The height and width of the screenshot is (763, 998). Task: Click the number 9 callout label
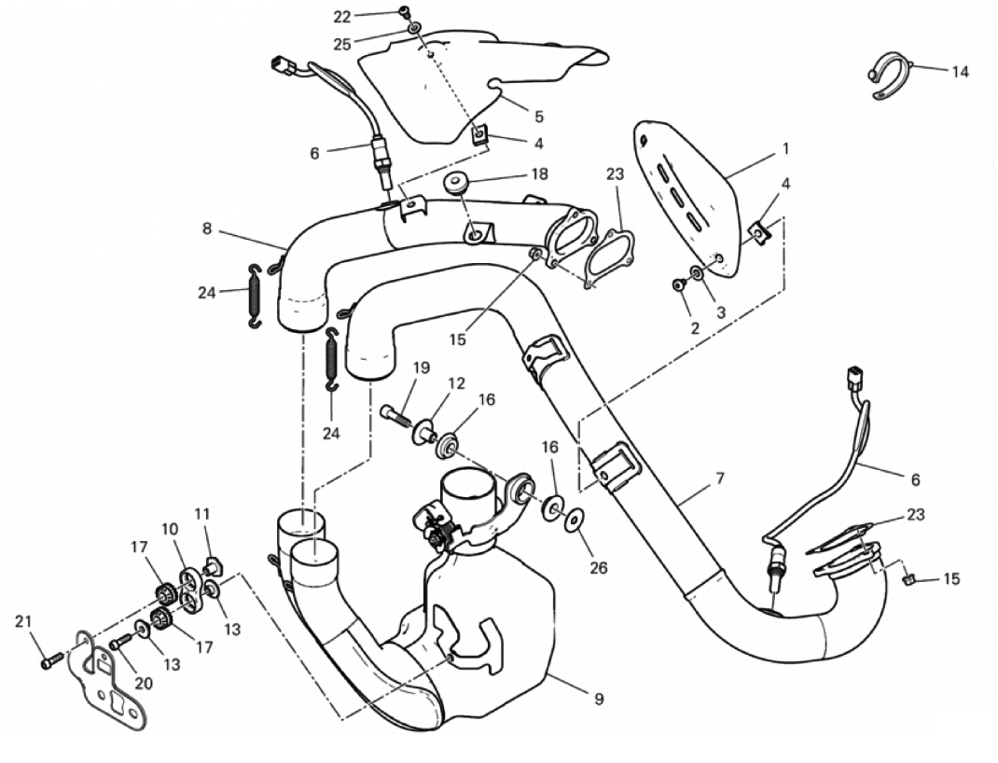pos(598,699)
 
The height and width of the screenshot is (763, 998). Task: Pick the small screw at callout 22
pos(405,11)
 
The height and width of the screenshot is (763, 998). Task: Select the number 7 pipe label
pos(720,478)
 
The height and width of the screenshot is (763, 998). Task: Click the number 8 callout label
pos(207,229)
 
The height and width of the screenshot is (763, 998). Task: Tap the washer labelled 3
pos(697,273)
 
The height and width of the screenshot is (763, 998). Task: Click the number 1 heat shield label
pos(785,149)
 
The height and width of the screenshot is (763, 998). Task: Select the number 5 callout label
pos(539,117)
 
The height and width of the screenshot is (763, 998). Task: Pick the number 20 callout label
pos(144,683)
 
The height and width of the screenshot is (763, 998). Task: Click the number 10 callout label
pos(170,529)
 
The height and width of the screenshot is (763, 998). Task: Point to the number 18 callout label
pos(539,173)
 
